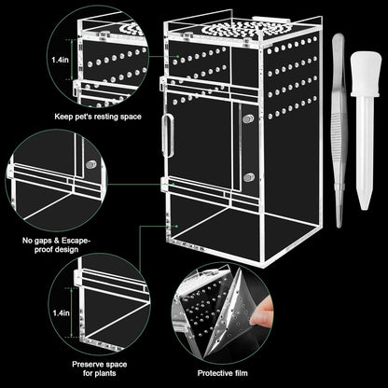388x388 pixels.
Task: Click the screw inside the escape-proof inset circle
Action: point(90,164)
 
